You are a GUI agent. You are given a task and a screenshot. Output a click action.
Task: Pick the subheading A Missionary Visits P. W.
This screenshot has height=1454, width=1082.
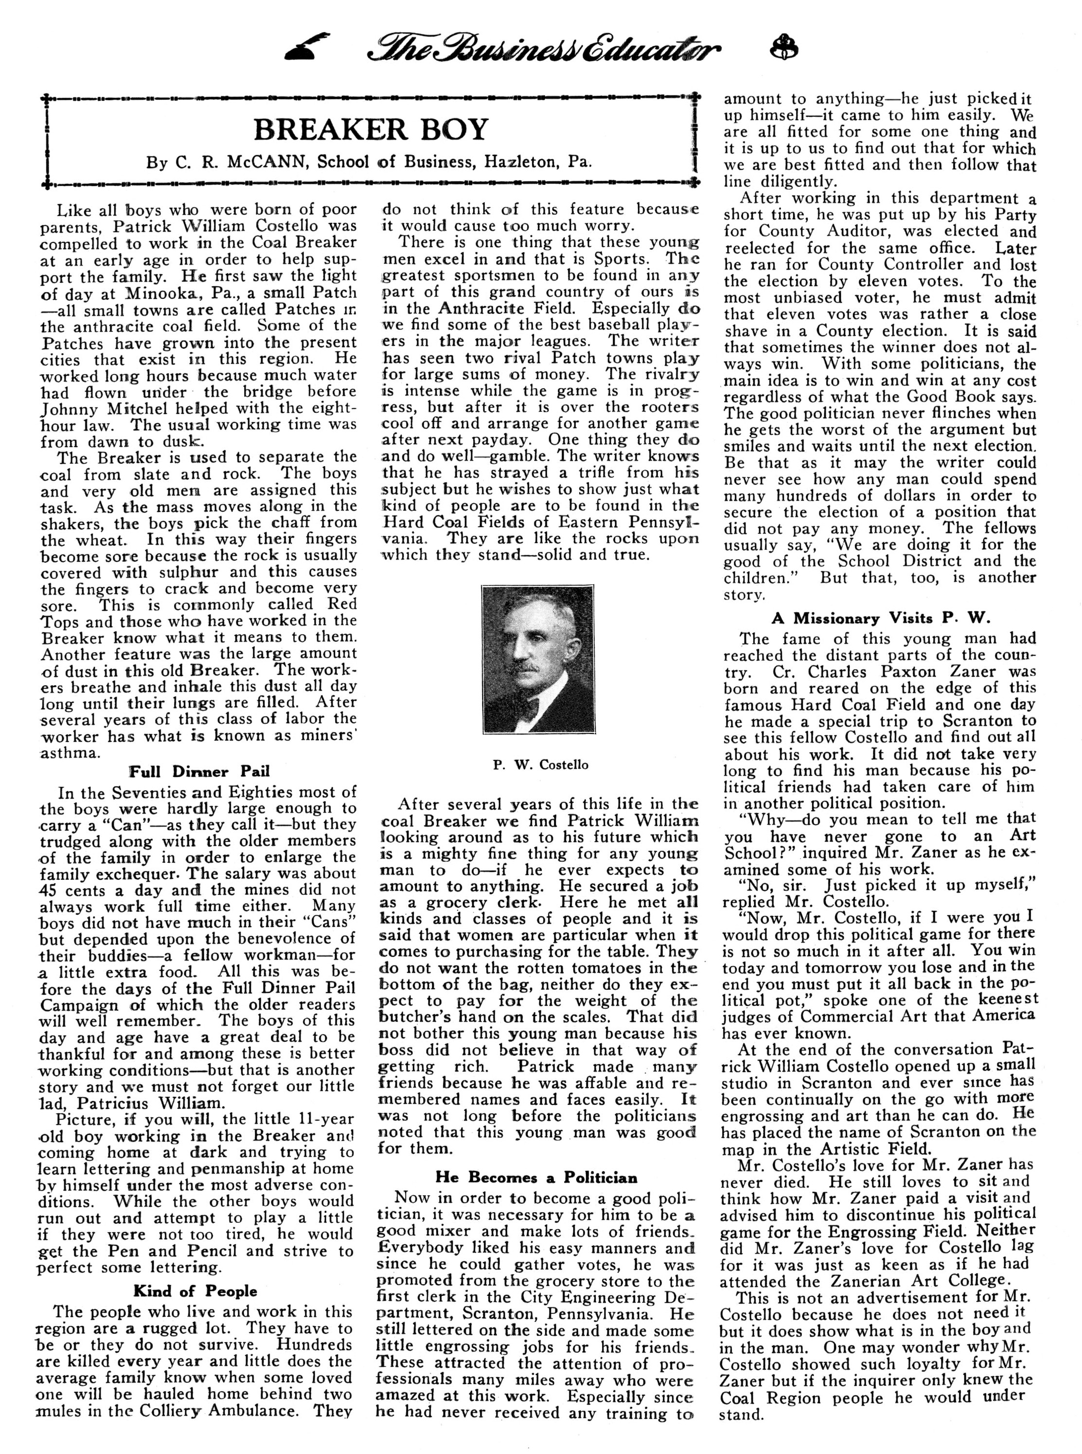pos(880,618)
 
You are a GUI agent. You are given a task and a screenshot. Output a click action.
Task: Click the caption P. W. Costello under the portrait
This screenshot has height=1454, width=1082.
pos(540,764)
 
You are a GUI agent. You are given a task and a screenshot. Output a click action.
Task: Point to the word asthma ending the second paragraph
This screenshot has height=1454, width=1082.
pos(71,752)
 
